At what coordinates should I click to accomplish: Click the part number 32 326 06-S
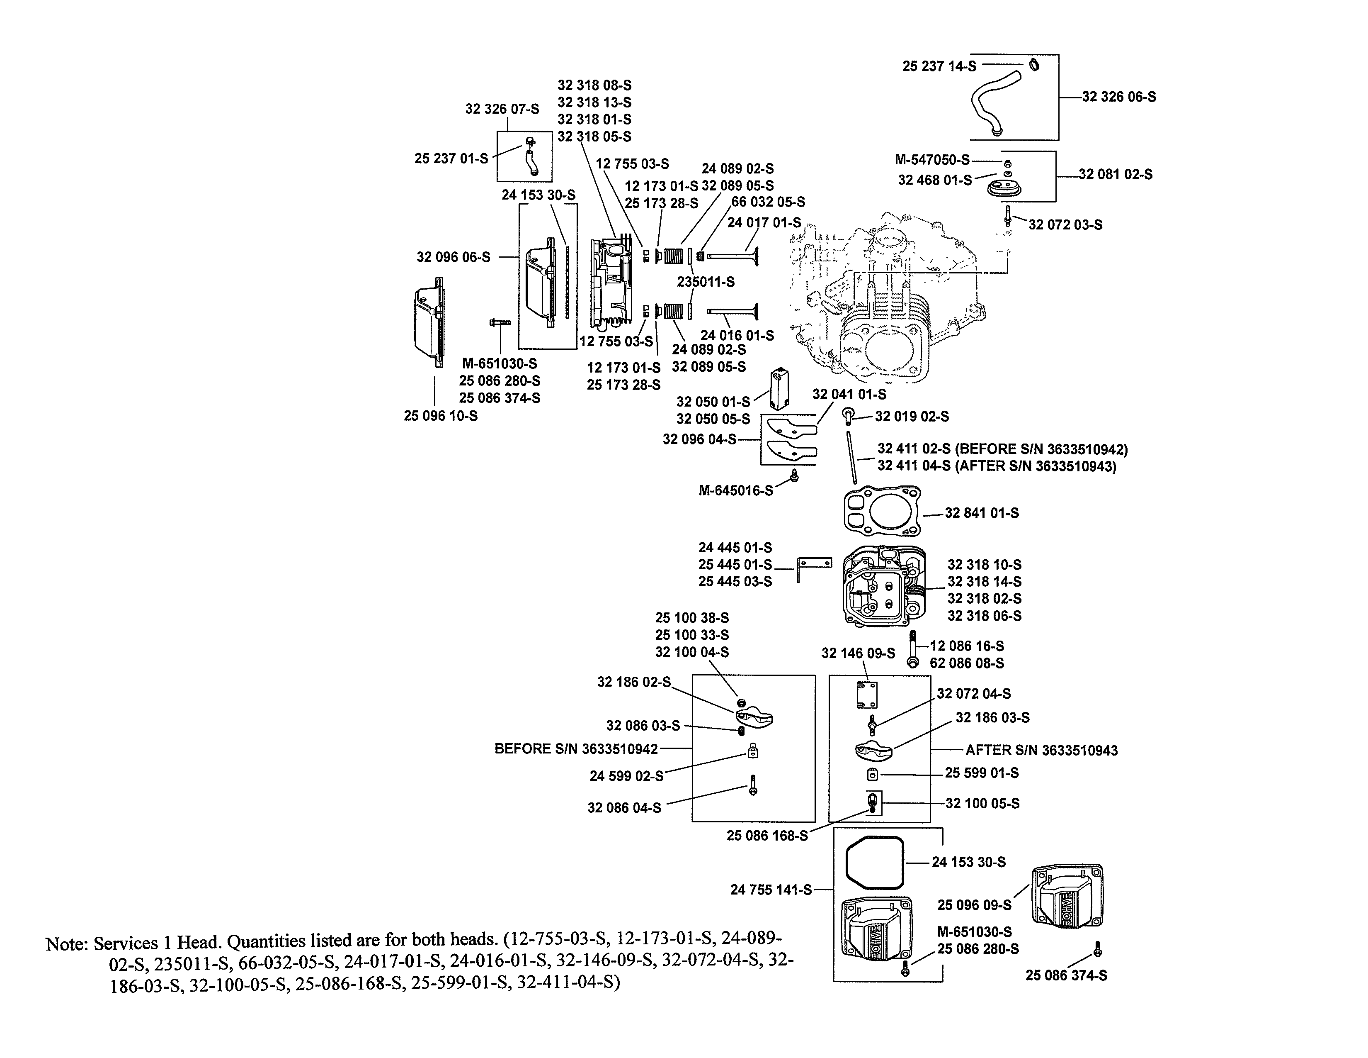point(1119,97)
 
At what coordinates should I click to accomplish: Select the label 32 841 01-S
point(982,513)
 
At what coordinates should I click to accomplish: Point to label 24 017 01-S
point(764,222)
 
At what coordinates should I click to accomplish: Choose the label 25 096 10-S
point(440,416)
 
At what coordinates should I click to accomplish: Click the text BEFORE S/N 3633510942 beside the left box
point(576,749)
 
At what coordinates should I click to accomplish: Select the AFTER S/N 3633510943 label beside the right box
point(1041,750)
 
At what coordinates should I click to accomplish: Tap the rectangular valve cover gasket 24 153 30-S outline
point(875,863)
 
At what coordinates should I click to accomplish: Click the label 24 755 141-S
point(771,890)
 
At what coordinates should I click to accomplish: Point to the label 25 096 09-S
point(974,904)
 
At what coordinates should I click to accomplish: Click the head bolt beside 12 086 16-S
point(913,649)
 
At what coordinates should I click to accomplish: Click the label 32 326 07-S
point(502,109)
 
